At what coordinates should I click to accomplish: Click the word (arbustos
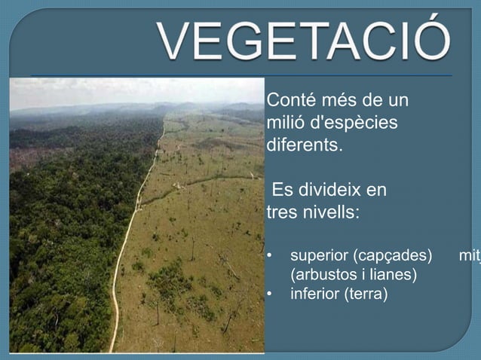[x=323, y=275]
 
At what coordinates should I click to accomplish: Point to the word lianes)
[x=391, y=275]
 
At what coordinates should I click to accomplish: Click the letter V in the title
[x=173, y=43]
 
